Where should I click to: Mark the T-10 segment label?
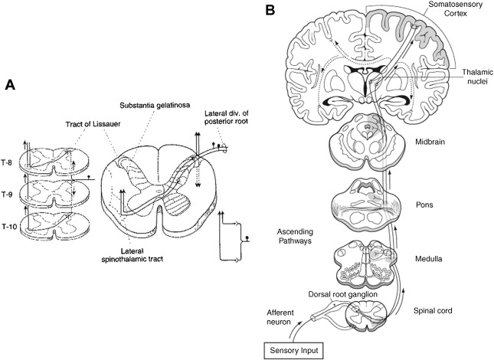tap(11, 227)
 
